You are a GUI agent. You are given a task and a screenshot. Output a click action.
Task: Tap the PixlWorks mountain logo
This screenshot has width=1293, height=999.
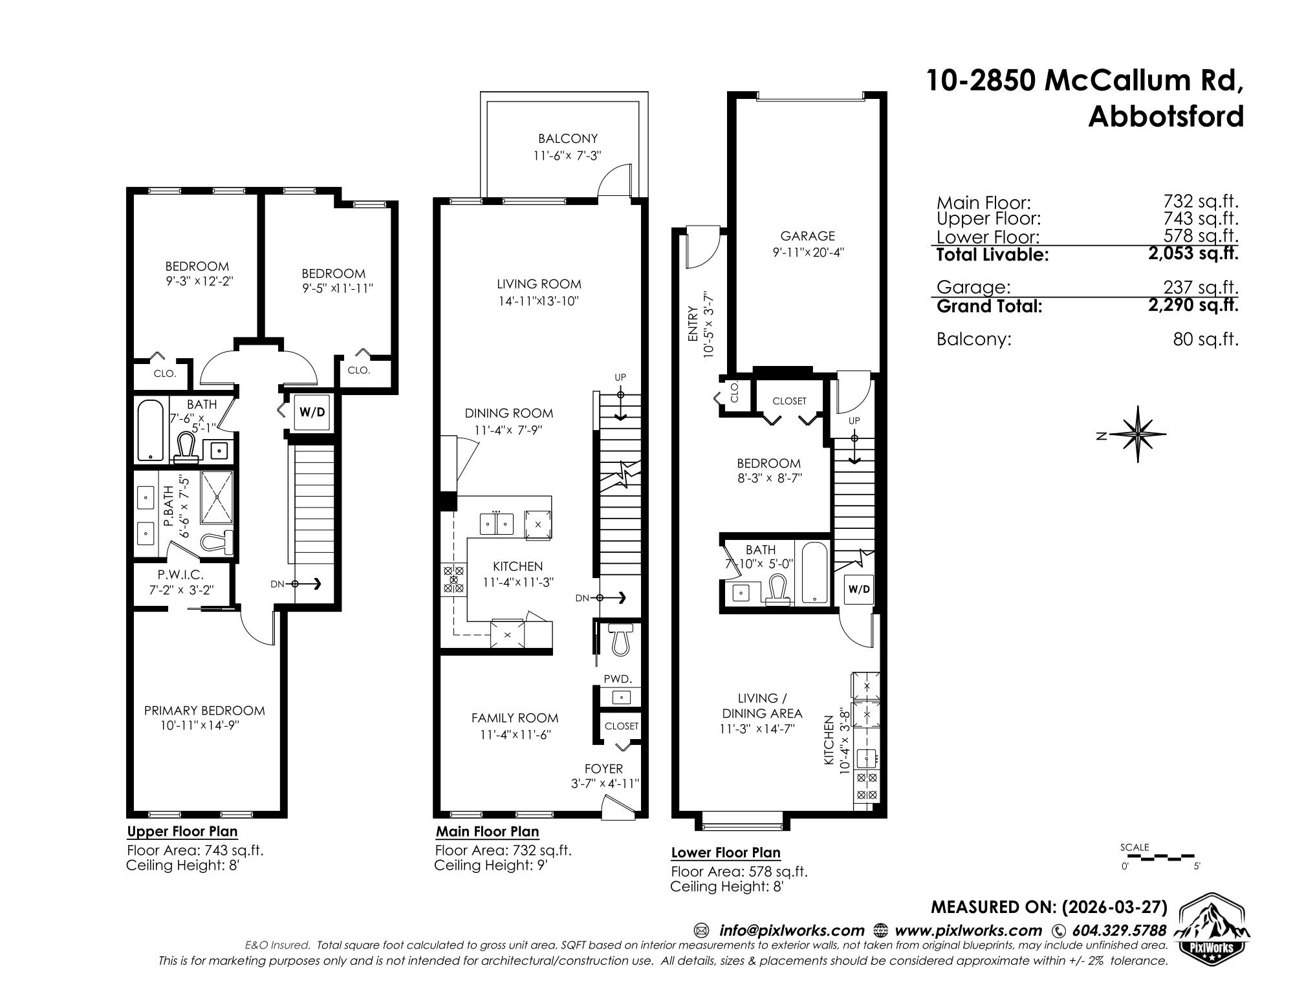point(1212,926)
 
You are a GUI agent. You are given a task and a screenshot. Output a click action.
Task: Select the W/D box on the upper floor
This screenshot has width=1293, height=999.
point(313,411)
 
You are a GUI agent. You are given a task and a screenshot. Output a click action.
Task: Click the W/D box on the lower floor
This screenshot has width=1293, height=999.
point(859,589)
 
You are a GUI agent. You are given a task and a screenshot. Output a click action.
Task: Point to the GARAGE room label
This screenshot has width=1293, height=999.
point(807,236)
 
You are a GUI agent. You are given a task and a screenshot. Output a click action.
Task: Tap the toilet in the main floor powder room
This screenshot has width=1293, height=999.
point(621,639)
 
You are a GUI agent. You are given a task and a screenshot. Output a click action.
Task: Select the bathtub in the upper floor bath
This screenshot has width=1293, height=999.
point(151,430)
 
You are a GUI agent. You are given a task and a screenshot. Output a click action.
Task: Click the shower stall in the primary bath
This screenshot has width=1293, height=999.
point(219,498)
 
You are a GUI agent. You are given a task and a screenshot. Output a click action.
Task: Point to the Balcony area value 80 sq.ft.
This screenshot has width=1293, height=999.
point(1206,339)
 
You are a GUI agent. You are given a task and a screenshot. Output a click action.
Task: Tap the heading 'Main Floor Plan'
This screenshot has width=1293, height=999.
point(487,832)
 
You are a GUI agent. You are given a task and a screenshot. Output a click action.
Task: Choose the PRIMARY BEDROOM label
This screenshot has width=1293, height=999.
point(204,711)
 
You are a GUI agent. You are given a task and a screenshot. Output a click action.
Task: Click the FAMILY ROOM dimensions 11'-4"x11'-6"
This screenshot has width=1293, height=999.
point(515,735)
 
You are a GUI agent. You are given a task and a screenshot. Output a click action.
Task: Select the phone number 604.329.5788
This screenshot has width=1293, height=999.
point(1119,930)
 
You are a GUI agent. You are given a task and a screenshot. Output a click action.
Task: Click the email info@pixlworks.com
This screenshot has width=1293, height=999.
point(792,930)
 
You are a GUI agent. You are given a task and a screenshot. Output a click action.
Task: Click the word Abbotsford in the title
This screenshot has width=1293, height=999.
point(1166,117)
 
